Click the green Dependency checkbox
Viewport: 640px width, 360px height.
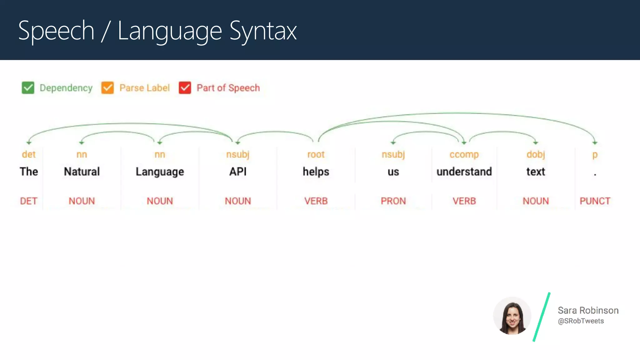click(x=28, y=88)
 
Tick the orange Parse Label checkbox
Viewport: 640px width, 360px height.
click(x=107, y=88)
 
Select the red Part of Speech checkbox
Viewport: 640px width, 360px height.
click(x=185, y=88)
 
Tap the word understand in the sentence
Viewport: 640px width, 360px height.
click(x=464, y=172)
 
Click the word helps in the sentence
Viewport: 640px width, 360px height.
click(x=316, y=172)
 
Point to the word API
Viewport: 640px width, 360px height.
click(x=238, y=172)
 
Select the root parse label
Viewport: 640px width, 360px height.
click(x=316, y=154)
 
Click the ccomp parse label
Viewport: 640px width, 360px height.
click(x=464, y=154)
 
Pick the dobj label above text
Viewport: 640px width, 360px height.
click(x=536, y=154)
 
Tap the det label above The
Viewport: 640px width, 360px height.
click(x=29, y=154)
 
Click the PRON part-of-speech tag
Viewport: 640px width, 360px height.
click(x=393, y=201)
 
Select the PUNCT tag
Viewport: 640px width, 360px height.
click(x=595, y=201)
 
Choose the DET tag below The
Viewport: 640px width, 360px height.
click(x=29, y=201)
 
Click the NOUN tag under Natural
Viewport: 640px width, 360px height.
click(x=82, y=201)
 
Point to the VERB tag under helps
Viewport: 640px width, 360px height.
click(x=316, y=201)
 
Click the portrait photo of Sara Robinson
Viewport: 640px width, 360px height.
click(x=512, y=316)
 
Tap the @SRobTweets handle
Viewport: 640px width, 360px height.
click(x=581, y=321)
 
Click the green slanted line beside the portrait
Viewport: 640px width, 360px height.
click(x=542, y=317)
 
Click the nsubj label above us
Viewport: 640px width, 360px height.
click(x=393, y=154)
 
